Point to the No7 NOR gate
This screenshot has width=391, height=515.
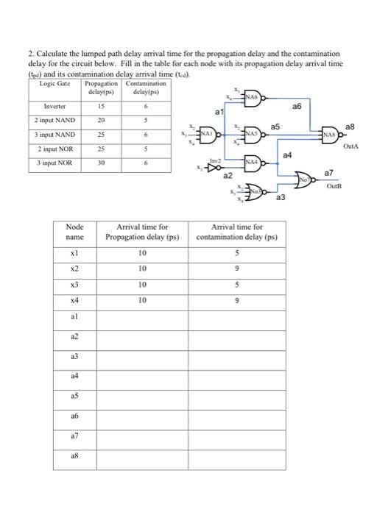304,177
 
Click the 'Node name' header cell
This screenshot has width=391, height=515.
74,232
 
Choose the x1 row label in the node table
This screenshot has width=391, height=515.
74,253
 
